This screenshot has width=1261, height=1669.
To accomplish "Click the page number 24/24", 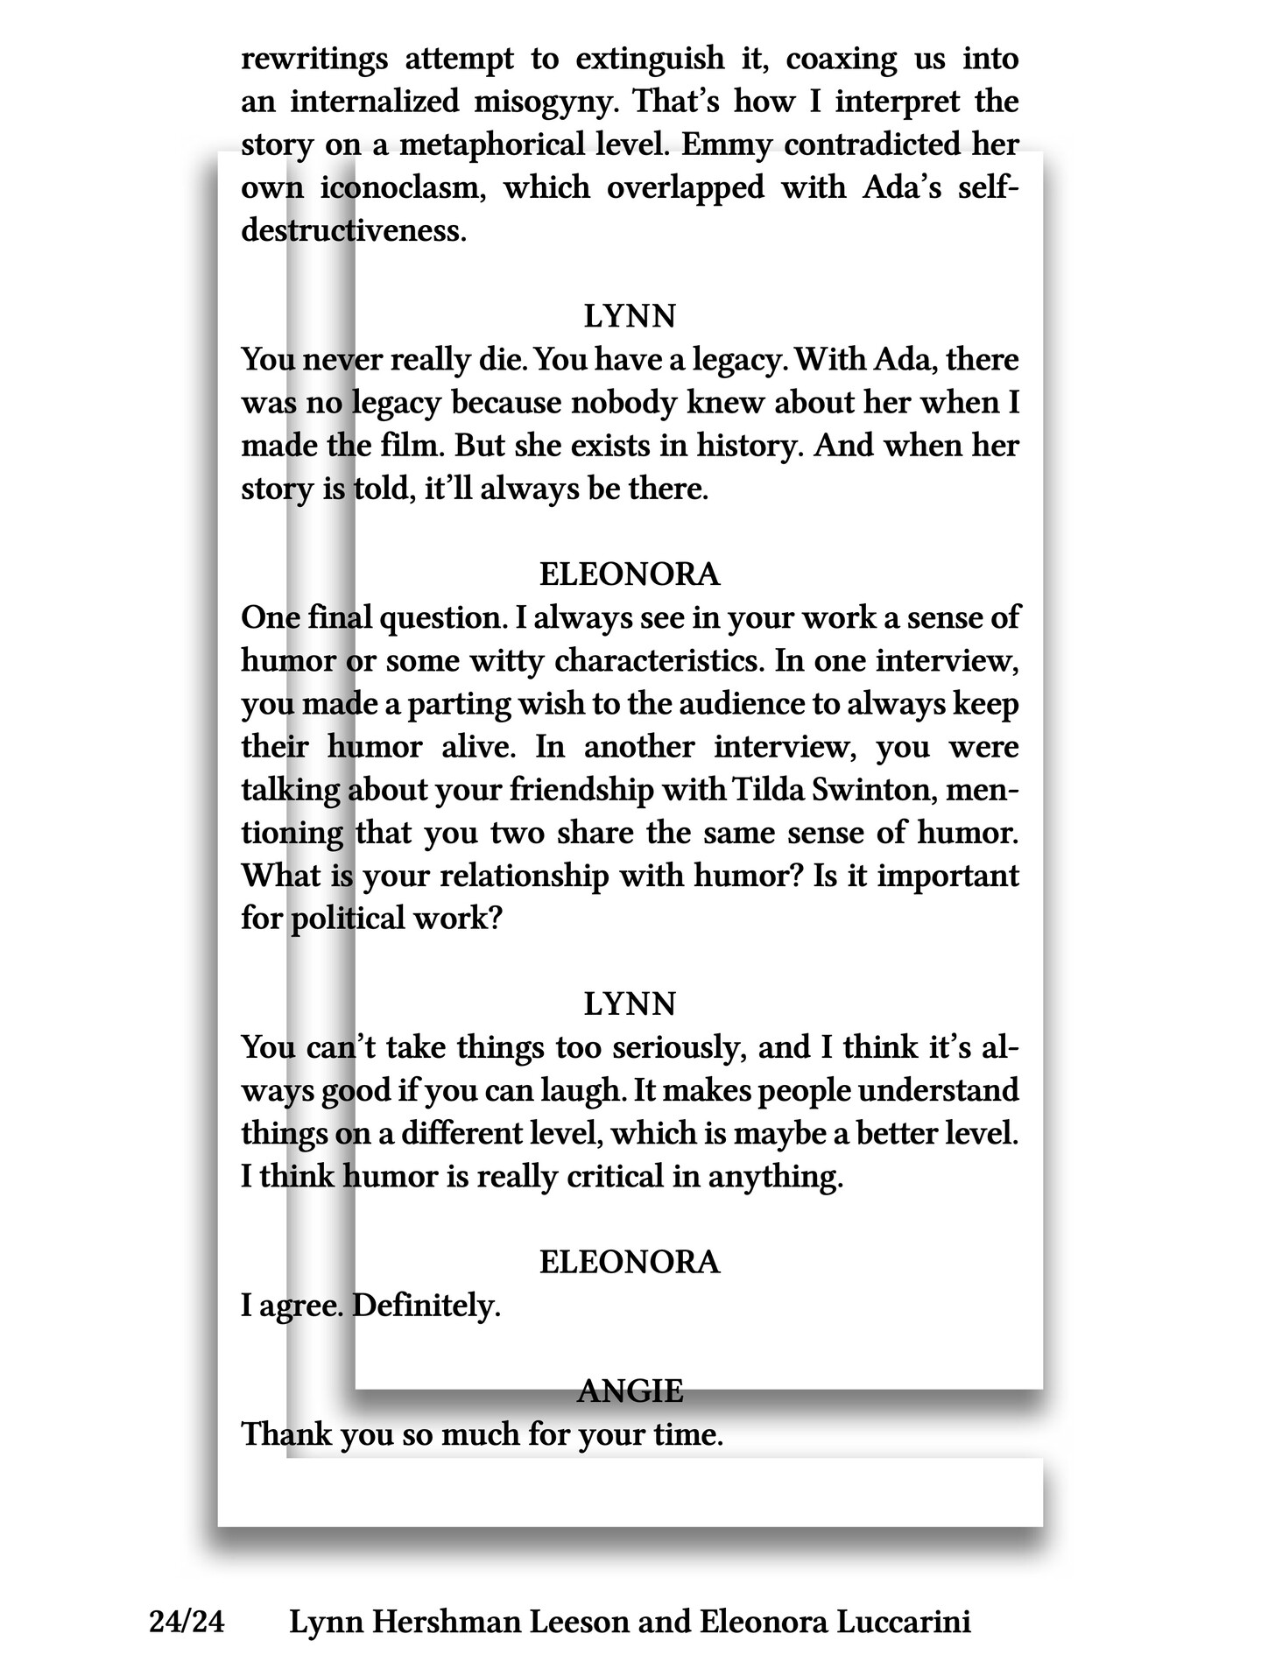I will tap(187, 1623).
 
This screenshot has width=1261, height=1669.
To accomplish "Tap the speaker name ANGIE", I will tap(630, 1391).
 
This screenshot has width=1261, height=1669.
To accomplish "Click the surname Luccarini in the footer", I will tap(903, 1623).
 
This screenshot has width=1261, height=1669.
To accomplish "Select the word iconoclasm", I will tap(403, 187).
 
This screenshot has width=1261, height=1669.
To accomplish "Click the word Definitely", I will tap(426, 1306).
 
